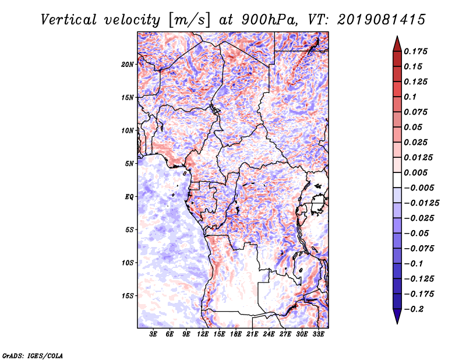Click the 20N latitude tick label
(128, 65)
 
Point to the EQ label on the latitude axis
(129, 197)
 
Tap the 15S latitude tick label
(128, 296)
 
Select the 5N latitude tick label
(129, 164)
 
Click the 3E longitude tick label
(153, 334)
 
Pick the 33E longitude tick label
(318, 334)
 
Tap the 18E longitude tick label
(236, 334)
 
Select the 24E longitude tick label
(269, 334)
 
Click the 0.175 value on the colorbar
(415, 51)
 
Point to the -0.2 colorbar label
(414, 309)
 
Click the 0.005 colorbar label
(415, 172)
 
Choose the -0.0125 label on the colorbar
(421, 203)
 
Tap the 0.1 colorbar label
(410, 97)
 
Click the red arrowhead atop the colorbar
(397, 44)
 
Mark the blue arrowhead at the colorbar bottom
(397, 316)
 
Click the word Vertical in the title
(69, 20)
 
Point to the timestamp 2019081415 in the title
(382, 20)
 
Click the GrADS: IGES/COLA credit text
(33, 356)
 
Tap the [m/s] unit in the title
(189, 20)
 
